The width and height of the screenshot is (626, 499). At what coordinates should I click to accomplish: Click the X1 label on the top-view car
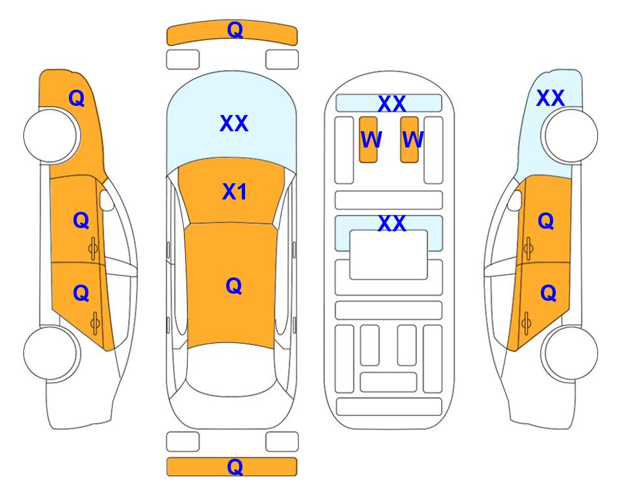(x=235, y=192)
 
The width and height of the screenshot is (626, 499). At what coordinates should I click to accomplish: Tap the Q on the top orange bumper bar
(x=235, y=30)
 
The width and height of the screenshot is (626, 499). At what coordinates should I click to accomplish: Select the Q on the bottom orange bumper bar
(x=235, y=467)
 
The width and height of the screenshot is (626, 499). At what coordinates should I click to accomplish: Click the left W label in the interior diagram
(x=371, y=139)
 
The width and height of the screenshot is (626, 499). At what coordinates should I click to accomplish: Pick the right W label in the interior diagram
(x=413, y=139)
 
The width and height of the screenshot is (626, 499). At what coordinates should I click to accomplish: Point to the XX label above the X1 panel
(x=234, y=123)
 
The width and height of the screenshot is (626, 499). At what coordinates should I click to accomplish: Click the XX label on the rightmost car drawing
(x=550, y=98)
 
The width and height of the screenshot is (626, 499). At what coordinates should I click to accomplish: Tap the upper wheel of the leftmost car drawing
(x=51, y=135)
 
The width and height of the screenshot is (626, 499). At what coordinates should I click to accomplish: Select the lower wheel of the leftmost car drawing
(x=51, y=353)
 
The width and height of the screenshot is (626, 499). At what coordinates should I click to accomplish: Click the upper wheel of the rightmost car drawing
(x=570, y=135)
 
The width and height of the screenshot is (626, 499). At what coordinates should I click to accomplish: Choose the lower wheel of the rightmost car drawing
(x=570, y=353)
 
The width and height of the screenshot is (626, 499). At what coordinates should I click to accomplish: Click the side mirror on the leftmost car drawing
(x=106, y=200)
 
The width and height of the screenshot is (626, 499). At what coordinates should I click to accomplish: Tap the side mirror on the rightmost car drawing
(x=515, y=200)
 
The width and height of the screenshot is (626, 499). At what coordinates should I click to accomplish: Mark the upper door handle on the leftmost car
(x=94, y=249)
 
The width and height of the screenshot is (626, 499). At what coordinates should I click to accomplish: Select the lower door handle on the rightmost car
(x=527, y=324)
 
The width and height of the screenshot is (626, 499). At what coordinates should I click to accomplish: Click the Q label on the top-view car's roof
(x=234, y=286)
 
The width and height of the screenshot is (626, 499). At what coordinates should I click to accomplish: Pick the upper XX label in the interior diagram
(x=391, y=103)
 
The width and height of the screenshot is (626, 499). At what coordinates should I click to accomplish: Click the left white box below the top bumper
(x=183, y=60)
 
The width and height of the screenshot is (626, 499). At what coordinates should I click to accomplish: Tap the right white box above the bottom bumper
(x=282, y=442)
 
